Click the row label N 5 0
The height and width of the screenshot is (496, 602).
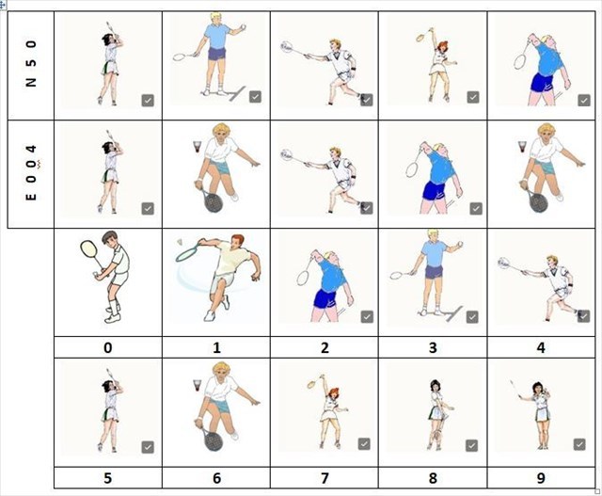pyautogui.click(x=31, y=63)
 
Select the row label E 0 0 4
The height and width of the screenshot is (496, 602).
pyautogui.click(x=31, y=172)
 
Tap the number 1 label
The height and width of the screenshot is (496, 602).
pyautogui.click(x=216, y=347)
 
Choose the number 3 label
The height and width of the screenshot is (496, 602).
pyautogui.click(x=433, y=347)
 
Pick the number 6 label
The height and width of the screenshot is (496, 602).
pyautogui.click(x=216, y=478)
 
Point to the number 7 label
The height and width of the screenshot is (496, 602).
pyautogui.click(x=325, y=478)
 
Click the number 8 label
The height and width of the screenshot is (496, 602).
pyautogui.click(x=433, y=478)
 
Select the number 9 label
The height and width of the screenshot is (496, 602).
pyautogui.click(x=541, y=478)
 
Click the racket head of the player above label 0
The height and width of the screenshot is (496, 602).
pyautogui.click(x=88, y=249)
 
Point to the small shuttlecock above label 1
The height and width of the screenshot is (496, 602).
pyautogui.click(x=180, y=242)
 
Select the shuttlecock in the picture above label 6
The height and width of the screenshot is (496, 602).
pyautogui.click(x=198, y=385)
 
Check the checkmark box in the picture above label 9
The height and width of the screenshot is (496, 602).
pyautogui.click(x=579, y=444)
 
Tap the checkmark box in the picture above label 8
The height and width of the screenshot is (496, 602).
pyautogui.click(x=471, y=446)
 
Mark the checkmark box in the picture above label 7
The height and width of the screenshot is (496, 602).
pyautogui.click(x=364, y=444)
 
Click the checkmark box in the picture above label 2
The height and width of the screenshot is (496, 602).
pyautogui.click(x=367, y=316)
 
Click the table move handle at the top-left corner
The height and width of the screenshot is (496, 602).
pyautogui.click(x=3, y=6)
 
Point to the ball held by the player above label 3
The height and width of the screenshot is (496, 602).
pyautogui.click(x=460, y=244)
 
